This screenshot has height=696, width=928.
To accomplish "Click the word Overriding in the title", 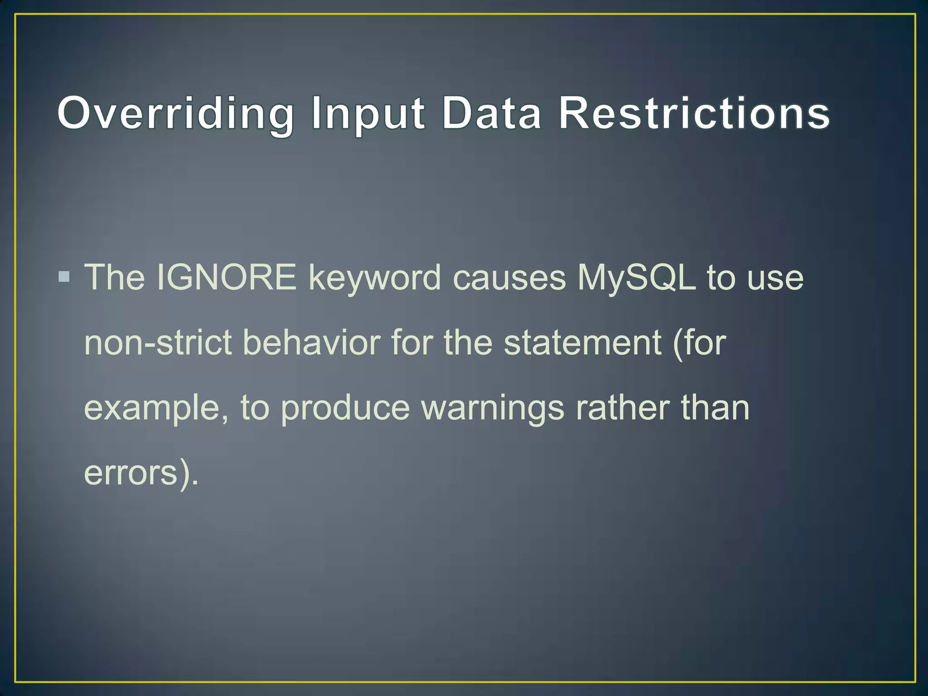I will (175, 113).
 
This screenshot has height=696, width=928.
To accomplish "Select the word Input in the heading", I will (368, 113).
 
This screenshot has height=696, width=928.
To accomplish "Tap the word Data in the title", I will (492, 113).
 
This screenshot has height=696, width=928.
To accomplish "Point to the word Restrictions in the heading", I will (694, 113).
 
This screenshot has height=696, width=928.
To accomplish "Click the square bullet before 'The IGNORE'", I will (64, 276).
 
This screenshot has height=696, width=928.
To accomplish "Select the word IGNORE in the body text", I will (226, 277).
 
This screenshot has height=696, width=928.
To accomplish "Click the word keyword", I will (374, 278).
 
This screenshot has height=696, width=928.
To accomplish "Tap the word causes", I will (509, 278).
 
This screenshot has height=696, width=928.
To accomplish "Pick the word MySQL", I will (636, 278).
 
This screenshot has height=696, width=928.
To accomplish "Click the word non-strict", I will (158, 343).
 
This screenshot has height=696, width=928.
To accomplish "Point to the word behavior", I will (312, 343).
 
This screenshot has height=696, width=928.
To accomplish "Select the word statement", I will (583, 343).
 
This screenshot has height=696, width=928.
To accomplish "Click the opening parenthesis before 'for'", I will (678, 343).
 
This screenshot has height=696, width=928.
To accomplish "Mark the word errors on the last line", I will (130, 473).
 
